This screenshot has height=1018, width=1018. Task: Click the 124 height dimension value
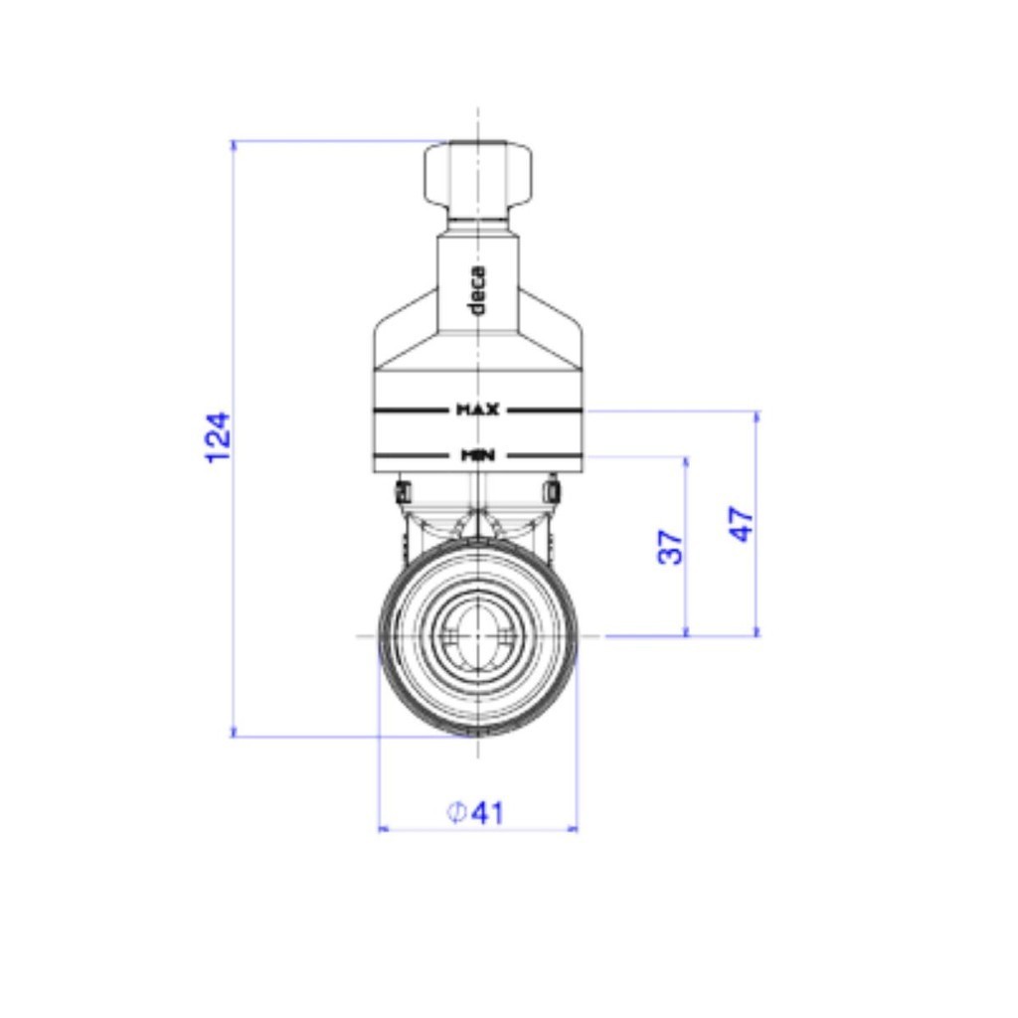click(218, 437)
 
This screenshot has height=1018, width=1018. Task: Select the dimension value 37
click(671, 547)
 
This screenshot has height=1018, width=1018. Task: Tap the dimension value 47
click(741, 523)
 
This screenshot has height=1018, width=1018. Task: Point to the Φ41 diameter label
click(475, 812)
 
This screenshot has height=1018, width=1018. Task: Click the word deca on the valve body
click(476, 289)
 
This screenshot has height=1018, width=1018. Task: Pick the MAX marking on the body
click(478, 410)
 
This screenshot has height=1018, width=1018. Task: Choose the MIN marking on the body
click(478, 455)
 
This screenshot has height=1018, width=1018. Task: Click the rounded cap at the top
click(478, 173)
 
